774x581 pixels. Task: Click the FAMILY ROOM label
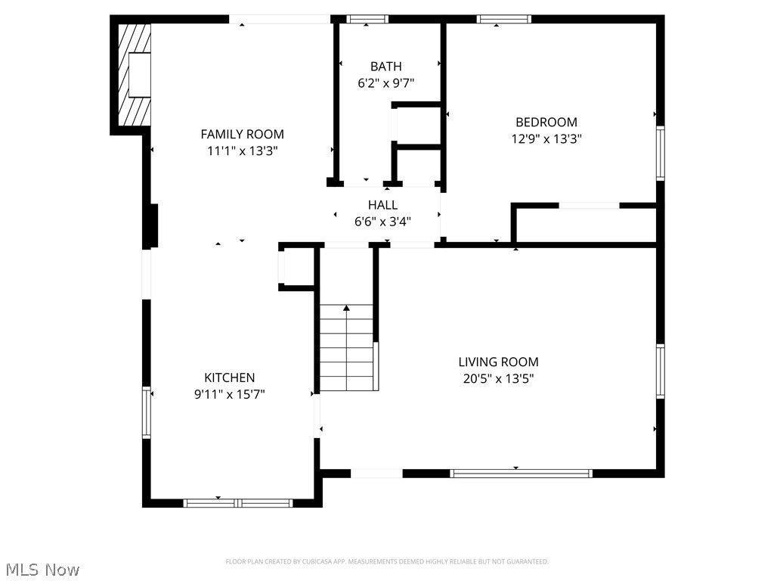point(242,134)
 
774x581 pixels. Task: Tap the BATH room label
point(385,67)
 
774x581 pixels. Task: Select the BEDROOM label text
point(546,122)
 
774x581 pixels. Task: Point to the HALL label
point(382,205)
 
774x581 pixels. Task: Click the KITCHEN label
point(229,377)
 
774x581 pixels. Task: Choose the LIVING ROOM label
point(498,362)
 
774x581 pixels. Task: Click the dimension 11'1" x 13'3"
point(242,151)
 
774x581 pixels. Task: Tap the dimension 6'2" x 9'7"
point(385,83)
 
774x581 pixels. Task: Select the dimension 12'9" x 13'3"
point(546,138)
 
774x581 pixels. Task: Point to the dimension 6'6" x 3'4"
point(382,222)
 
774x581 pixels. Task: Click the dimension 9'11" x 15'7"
point(229,394)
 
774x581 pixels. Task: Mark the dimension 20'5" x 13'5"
point(498,379)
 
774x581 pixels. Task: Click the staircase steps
point(347,348)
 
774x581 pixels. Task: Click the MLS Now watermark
point(42,569)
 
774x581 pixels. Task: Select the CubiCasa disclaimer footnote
point(386,561)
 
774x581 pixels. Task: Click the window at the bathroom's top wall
point(367,19)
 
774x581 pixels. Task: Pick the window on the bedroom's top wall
point(503,19)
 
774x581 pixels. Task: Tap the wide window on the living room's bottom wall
point(521,474)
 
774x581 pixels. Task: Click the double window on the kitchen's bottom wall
point(238,502)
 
